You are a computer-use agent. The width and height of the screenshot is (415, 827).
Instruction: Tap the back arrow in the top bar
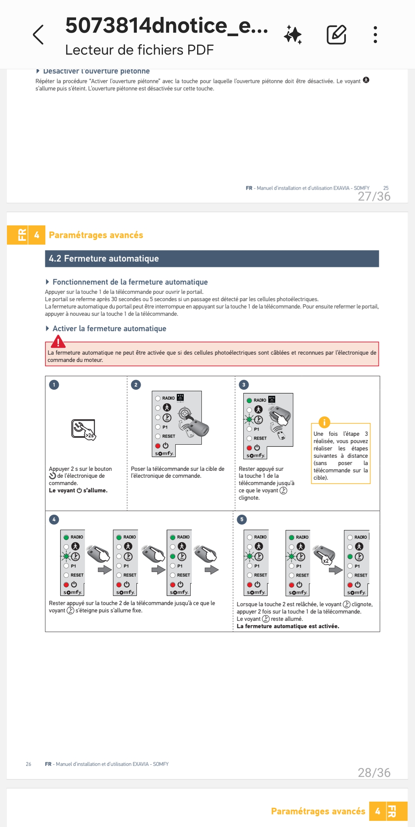click(x=38, y=35)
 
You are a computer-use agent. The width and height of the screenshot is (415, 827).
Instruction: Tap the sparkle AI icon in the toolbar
click(x=293, y=35)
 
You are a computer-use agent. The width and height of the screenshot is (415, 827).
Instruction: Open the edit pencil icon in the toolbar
click(x=336, y=35)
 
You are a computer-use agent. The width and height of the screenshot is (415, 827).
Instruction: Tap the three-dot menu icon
click(x=375, y=35)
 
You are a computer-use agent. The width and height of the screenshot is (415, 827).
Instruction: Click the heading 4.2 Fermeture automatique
click(x=104, y=258)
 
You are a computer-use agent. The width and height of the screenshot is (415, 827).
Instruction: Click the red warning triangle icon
click(x=58, y=341)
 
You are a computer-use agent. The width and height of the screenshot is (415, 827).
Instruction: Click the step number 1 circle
click(x=54, y=385)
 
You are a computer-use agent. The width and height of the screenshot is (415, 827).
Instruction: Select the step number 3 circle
click(x=244, y=385)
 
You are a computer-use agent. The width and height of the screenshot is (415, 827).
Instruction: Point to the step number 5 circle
click(x=242, y=519)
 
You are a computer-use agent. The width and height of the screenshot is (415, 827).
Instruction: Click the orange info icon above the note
click(x=324, y=422)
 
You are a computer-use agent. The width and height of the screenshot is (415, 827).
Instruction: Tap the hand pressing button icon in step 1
click(x=83, y=429)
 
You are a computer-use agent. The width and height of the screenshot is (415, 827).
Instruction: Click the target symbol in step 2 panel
click(x=185, y=413)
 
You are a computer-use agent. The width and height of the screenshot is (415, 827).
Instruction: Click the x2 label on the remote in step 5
click(x=325, y=561)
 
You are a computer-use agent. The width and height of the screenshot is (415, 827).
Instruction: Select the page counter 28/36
click(x=374, y=772)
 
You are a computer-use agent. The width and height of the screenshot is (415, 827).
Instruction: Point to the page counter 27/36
click(x=374, y=197)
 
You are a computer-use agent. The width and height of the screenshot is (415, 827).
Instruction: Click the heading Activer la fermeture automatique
click(x=109, y=328)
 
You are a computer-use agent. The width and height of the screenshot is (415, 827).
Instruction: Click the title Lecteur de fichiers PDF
click(x=139, y=50)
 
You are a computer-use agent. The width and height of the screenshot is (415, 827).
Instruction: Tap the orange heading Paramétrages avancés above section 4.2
click(x=96, y=235)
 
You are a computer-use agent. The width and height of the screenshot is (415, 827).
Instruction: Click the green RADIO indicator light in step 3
click(x=249, y=400)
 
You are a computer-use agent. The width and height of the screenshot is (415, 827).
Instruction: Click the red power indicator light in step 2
click(x=158, y=446)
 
